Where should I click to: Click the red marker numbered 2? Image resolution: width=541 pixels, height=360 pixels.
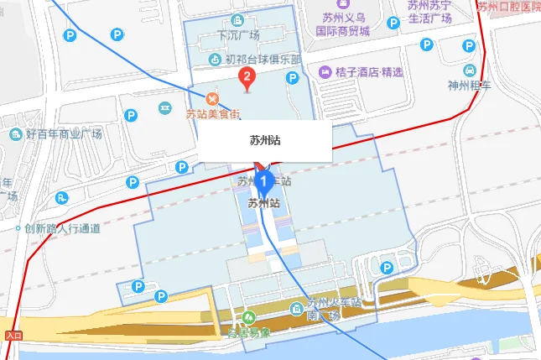(x=247, y=79)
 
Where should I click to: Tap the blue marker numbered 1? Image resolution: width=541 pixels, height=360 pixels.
(x=264, y=179)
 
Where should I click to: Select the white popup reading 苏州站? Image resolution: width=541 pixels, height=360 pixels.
(x=265, y=141)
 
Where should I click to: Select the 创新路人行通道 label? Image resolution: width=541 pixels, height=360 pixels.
(x=62, y=227)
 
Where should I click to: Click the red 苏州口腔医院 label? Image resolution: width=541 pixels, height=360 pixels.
(x=509, y=8)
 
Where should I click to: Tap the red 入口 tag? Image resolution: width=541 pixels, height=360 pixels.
(x=13, y=335)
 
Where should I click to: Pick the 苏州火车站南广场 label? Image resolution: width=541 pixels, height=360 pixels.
(x=324, y=308)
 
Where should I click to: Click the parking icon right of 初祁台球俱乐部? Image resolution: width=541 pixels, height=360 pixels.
(x=292, y=78)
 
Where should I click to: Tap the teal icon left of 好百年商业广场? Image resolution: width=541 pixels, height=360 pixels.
(x=15, y=134)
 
